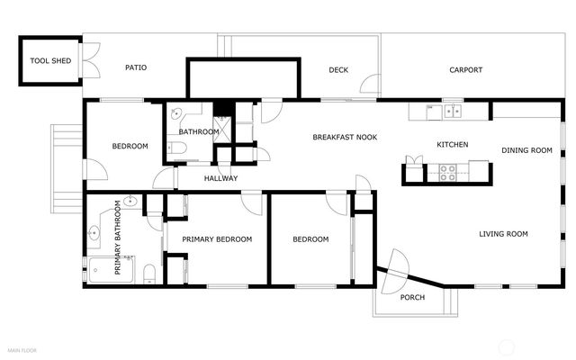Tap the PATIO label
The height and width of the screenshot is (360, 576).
pyautogui.click(x=136, y=67)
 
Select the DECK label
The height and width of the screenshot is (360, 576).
pyautogui.click(x=338, y=69)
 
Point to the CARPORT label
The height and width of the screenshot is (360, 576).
pyautogui.click(x=465, y=69)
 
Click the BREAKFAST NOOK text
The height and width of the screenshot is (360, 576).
pyautogui.click(x=345, y=137)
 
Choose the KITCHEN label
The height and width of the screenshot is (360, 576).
pyautogui.click(x=453, y=145)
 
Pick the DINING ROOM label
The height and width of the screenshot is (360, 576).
pyautogui.click(x=526, y=150)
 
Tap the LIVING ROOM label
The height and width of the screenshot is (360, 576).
pyautogui.click(x=503, y=234)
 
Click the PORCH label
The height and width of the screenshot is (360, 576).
pyautogui.click(x=412, y=297)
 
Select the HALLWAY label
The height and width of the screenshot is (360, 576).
pyautogui.click(x=220, y=178)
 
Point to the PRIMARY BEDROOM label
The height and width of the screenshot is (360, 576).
pyautogui.click(x=217, y=239)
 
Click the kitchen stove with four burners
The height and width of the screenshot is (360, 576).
pyautogui.click(x=448, y=172)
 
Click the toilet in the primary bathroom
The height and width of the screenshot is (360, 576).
pyautogui.click(x=149, y=272)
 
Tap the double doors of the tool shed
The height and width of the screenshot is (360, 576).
pyautogui.click(x=88, y=61)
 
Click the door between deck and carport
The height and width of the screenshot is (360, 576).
pyautogui.click(x=371, y=85)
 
